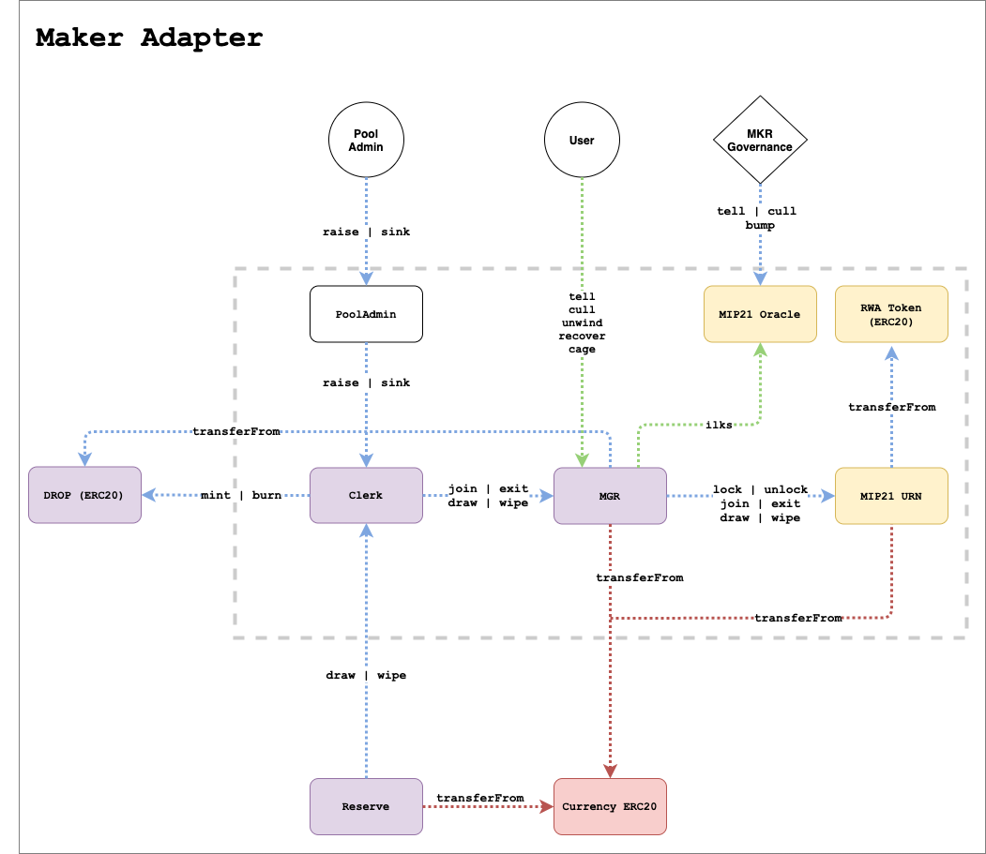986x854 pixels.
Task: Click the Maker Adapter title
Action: pos(149,38)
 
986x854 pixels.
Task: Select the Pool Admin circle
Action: pos(366,141)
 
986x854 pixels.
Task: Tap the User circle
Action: pos(582,141)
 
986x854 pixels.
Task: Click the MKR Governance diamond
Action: pos(760,141)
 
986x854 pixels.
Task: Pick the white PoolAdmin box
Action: pos(366,314)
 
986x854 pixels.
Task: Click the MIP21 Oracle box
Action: pos(760,314)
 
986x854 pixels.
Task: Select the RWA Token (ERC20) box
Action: pos(891,314)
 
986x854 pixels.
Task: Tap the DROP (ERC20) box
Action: pos(84,495)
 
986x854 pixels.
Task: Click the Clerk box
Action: pos(366,495)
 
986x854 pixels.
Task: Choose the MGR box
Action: pos(610,495)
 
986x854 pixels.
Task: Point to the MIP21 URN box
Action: pos(891,495)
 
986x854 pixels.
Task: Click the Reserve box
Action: pos(366,806)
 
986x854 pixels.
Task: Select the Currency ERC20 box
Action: pos(610,806)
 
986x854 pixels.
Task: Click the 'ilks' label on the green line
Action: pos(721,425)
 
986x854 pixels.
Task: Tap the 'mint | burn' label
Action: pos(241,495)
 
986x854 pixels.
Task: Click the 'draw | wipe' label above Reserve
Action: pos(366,675)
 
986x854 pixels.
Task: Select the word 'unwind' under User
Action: pos(582,322)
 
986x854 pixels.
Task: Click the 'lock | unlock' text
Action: pos(760,489)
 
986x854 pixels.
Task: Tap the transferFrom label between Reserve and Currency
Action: pos(480,798)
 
